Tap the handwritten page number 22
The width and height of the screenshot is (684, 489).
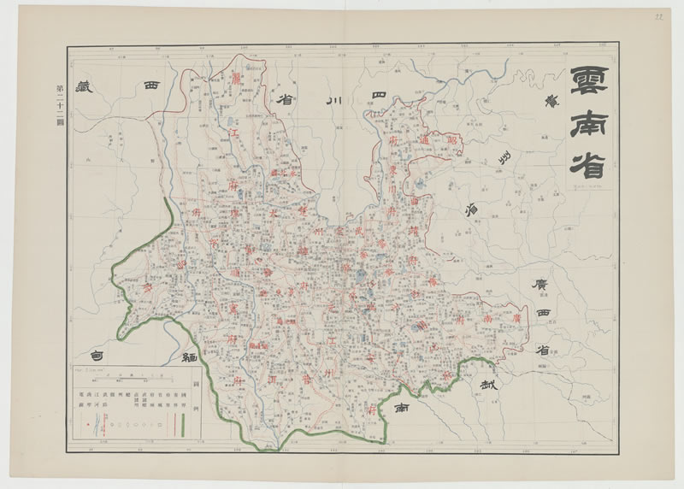click(659, 16)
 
